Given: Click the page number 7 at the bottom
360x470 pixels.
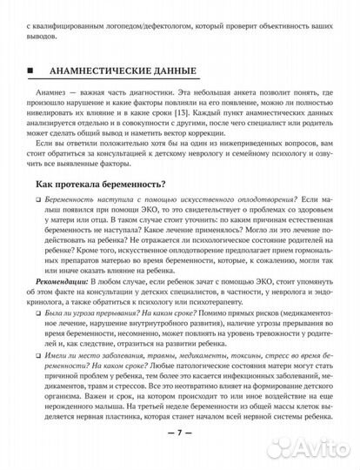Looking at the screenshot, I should pyautogui.click(x=180, y=456).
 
